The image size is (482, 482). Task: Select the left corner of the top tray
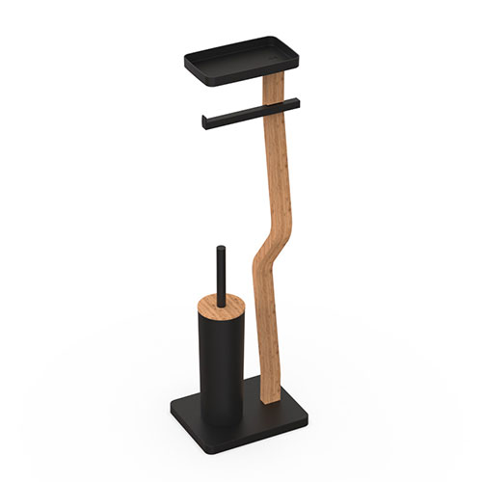(186, 61)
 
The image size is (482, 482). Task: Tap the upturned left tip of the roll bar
(204, 121)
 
